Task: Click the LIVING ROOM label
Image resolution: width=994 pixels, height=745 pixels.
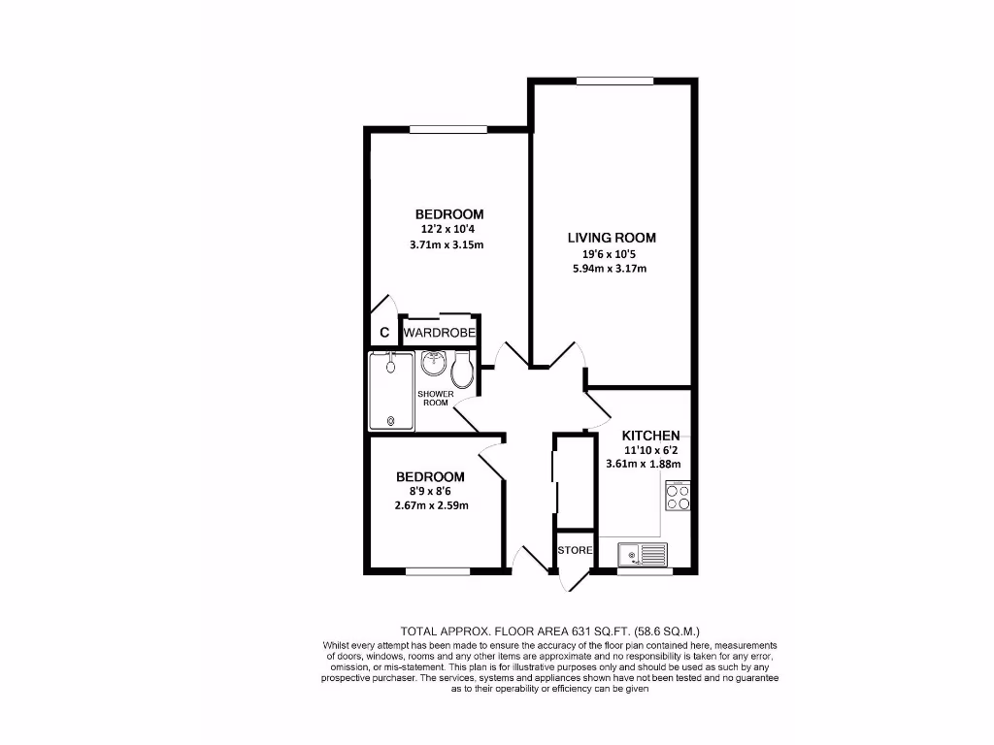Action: pos(612,238)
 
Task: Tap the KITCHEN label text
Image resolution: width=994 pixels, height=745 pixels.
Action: pos(650,436)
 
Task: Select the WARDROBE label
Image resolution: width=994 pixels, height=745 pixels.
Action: pos(440,333)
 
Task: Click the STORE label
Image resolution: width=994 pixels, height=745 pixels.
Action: pos(574,550)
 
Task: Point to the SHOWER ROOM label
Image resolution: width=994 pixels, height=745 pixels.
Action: pos(436,398)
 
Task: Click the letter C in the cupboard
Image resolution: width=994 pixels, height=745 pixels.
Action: pos(384,333)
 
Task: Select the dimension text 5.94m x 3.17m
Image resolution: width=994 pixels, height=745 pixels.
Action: pos(611,269)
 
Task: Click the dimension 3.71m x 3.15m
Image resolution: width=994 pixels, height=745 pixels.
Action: pos(447,244)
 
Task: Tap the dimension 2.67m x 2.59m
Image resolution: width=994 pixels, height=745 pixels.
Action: pos(433,506)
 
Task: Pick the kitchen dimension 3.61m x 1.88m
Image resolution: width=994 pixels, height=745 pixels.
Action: pos(643,464)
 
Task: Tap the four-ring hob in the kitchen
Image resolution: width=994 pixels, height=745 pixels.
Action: pos(677,497)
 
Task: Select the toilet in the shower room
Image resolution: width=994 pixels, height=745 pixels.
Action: pos(463,367)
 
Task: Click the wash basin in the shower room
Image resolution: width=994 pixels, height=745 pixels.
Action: pos(433,365)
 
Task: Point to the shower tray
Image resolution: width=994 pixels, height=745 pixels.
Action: pos(391,392)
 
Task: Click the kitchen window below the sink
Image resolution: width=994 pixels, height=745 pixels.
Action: pos(644,571)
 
